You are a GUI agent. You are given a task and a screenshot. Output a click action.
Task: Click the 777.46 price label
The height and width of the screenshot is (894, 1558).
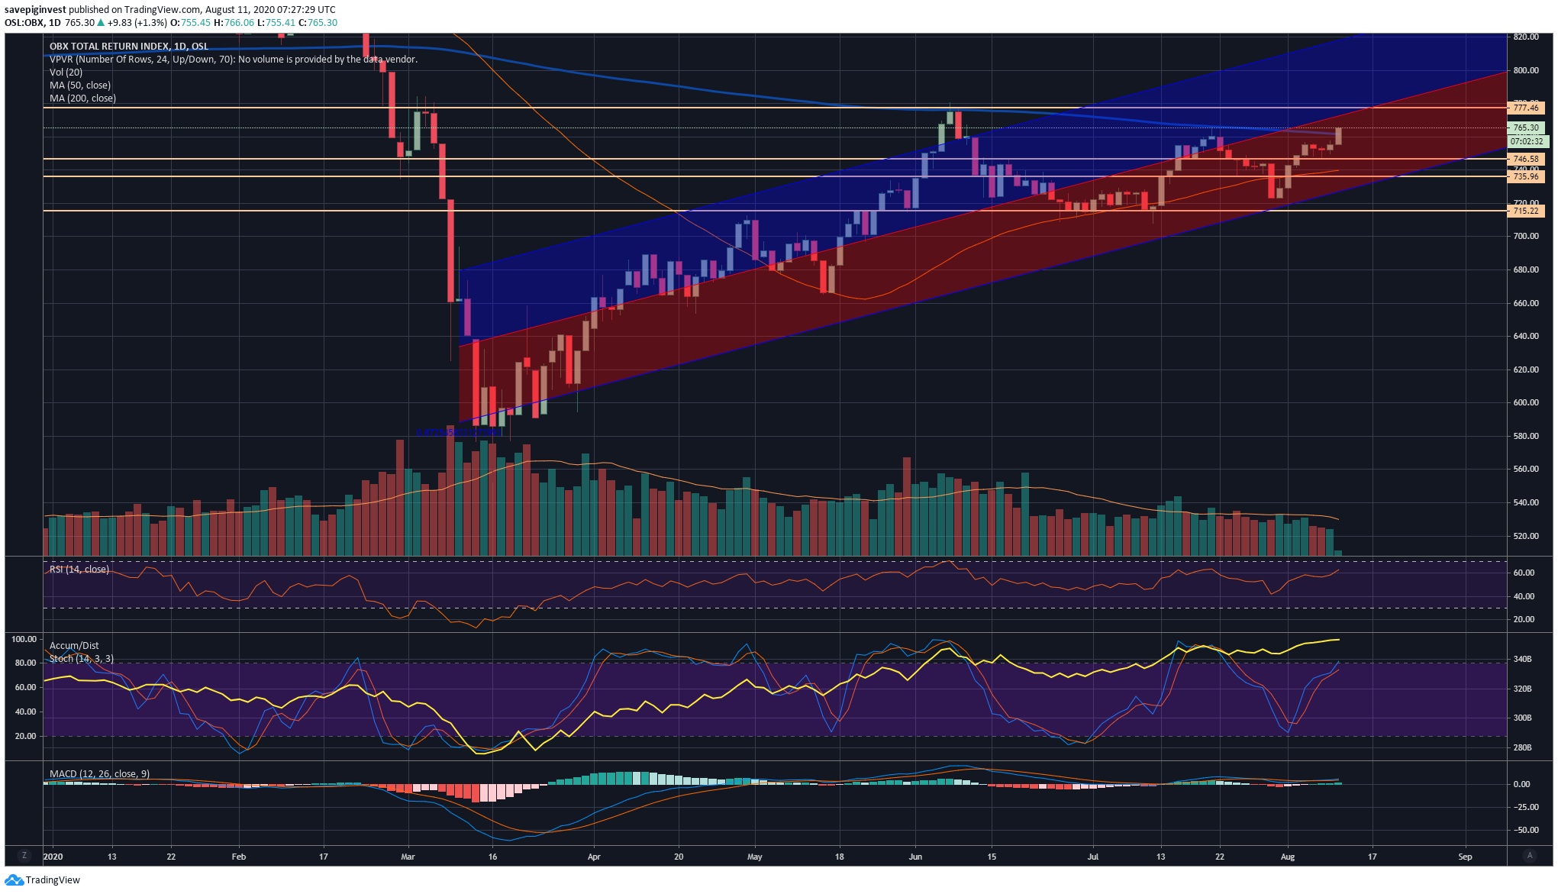tap(1525, 108)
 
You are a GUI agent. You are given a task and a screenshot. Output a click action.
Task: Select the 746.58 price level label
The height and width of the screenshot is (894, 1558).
tap(1525, 159)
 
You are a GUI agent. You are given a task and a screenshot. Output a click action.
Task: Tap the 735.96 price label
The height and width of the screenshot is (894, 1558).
tap(1525, 176)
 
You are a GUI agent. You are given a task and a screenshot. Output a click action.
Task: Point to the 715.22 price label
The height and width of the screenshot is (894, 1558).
tap(1525, 211)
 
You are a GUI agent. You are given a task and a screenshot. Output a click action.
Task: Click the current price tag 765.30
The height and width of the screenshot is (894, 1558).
tap(1525, 127)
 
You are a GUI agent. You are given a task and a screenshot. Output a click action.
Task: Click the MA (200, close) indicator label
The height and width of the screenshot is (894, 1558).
tap(82, 98)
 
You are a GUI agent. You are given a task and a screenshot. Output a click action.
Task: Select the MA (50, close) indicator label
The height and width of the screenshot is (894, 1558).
tap(80, 86)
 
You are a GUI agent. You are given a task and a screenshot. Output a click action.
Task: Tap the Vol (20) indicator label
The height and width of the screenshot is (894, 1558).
tap(66, 73)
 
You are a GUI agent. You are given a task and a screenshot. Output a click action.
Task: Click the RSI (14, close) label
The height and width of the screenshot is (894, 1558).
tap(79, 570)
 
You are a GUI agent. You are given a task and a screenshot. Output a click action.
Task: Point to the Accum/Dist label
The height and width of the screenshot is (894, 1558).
tap(74, 646)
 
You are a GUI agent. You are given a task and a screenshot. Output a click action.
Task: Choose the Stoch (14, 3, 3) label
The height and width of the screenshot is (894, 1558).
tap(82, 658)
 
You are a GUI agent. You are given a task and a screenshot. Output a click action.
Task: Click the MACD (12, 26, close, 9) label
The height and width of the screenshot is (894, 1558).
tap(99, 774)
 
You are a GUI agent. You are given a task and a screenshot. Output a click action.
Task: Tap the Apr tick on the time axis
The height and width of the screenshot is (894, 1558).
tap(594, 857)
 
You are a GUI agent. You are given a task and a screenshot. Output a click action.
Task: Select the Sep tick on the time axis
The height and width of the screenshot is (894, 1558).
tap(1465, 857)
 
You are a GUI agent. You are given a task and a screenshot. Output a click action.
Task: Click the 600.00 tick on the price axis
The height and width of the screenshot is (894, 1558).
tap(1525, 402)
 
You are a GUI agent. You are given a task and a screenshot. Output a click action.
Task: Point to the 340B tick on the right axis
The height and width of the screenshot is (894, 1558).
tap(1521, 659)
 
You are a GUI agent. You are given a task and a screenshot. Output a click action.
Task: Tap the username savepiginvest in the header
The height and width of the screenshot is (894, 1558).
tap(35, 10)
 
